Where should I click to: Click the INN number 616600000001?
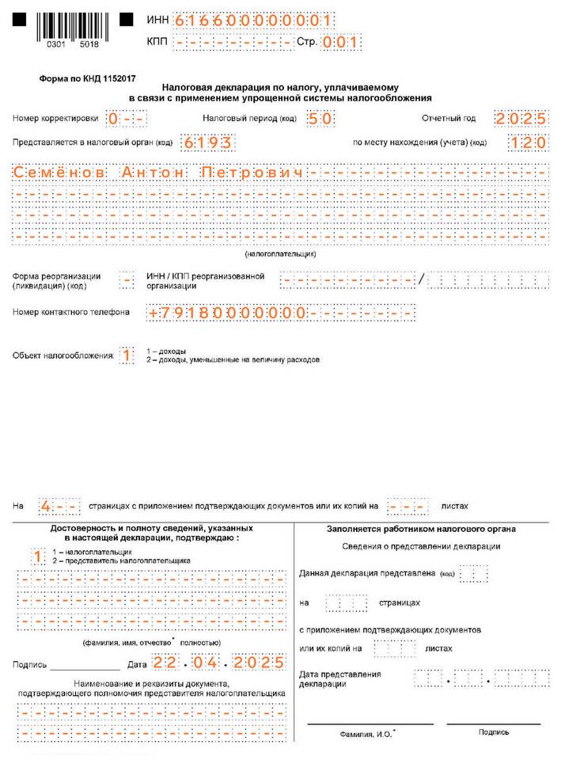pos(253,21)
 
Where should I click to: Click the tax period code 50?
pos(319,118)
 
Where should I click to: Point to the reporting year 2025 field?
pos(521,118)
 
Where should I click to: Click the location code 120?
pos(528,142)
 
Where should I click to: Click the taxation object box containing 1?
pos(126,356)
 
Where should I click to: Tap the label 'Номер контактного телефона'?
pos(71,312)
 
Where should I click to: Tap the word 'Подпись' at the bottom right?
pos(494,732)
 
